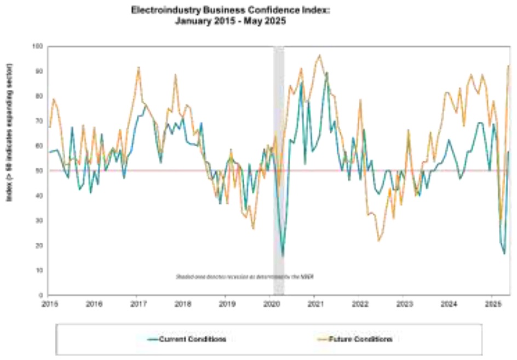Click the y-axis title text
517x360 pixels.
point(10,133)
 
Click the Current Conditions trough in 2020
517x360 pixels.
point(283,256)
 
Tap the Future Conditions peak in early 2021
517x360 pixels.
point(320,55)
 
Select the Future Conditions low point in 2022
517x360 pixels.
point(378,241)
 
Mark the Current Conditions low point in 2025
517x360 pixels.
point(504,254)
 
